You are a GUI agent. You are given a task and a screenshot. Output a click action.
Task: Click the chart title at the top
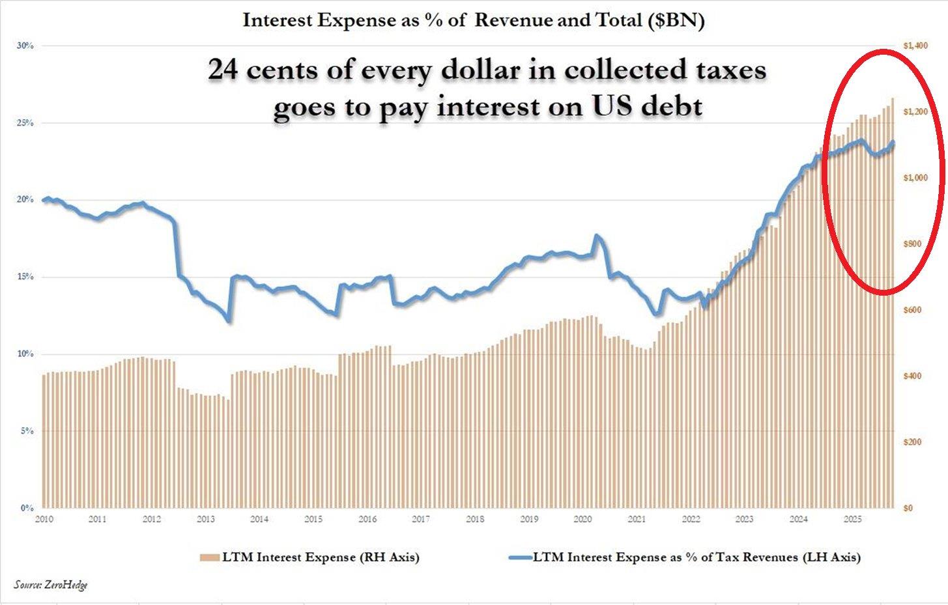pyautogui.click(x=474, y=20)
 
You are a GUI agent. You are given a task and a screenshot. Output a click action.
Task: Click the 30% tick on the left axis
pyautogui.click(x=25, y=46)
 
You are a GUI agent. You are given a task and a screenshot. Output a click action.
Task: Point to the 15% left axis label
pyautogui.click(x=25, y=277)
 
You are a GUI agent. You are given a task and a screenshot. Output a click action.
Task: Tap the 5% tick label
pyautogui.click(x=27, y=431)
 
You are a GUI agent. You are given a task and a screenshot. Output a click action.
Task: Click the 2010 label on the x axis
pyautogui.click(x=44, y=519)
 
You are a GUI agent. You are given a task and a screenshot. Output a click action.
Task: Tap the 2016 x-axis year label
pyautogui.click(x=367, y=519)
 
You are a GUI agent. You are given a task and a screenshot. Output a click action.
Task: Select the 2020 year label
pyautogui.click(x=582, y=519)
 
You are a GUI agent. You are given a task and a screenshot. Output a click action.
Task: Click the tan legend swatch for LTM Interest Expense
pyautogui.click(x=210, y=557)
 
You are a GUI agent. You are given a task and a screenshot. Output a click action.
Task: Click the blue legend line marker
pyautogui.click(x=519, y=557)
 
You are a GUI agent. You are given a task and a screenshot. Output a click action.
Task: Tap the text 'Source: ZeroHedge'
pyautogui.click(x=51, y=585)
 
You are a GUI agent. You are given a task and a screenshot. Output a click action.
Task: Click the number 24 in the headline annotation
pyautogui.click(x=223, y=70)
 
